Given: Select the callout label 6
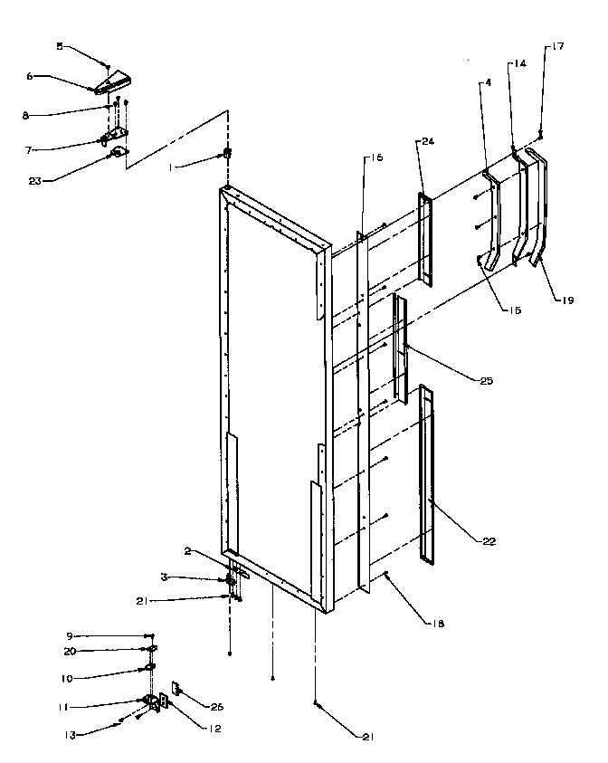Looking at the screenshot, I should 29,77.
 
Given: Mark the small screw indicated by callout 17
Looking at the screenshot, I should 539,133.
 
